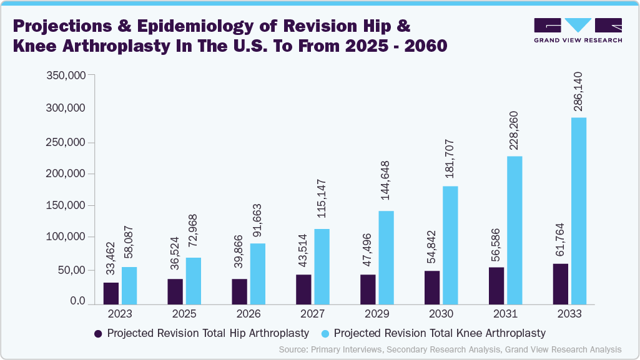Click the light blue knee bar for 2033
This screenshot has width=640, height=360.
(x=579, y=211)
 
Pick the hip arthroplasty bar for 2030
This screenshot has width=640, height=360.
(x=433, y=288)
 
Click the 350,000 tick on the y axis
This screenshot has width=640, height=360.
(x=66, y=75)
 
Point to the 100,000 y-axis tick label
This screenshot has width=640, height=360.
(x=66, y=237)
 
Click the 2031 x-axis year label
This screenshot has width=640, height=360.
(x=505, y=314)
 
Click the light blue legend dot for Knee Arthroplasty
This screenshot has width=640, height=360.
(x=325, y=333)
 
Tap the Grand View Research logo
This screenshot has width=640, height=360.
(x=578, y=30)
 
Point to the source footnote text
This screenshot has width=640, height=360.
(x=450, y=349)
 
